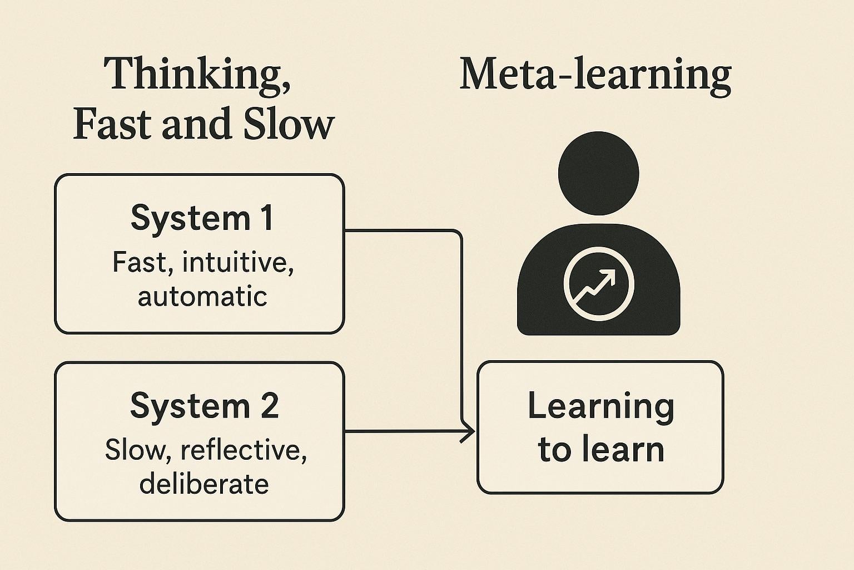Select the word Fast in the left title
pos(112,124)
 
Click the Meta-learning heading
pos(595,75)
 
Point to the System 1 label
pos(202,218)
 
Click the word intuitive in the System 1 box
pos(237,262)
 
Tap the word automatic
pos(202,296)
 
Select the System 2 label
pos(204,406)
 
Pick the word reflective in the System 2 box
pos(244,450)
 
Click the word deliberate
pos(204,483)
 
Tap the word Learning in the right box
pos(600,406)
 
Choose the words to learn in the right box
pos(600,450)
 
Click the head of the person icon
pos(598,173)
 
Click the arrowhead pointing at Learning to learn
pos(470,431)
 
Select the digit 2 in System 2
pos(269,406)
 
